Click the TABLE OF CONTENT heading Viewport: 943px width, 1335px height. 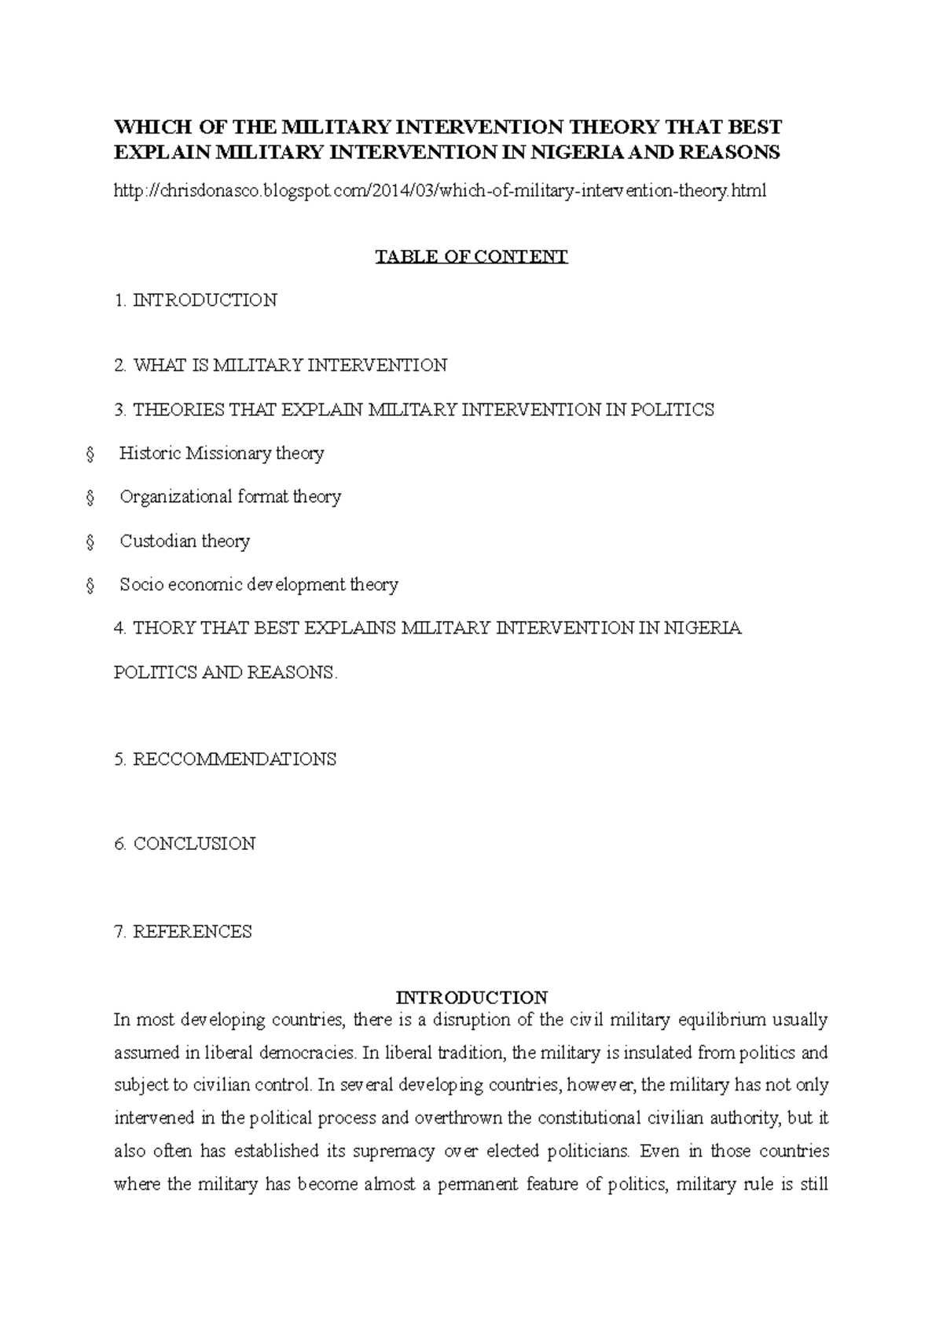point(472,256)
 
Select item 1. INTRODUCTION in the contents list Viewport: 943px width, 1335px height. point(196,300)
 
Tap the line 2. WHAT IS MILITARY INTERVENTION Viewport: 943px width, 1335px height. point(281,365)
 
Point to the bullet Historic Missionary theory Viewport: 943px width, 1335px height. point(222,453)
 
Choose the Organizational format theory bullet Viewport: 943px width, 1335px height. point(230,497)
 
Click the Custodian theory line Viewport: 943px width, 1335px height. point(185,541)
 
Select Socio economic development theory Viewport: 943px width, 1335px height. point(259,584)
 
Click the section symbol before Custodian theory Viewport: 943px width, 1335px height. point(90,542)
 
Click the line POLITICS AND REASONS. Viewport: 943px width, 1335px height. point(226,673)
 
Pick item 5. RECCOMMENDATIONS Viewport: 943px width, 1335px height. point(226,759)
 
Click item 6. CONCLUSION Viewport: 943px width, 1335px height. point(185,844)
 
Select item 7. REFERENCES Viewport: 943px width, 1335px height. point(183,932)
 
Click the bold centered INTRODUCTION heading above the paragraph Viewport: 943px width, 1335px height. point(472,998)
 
